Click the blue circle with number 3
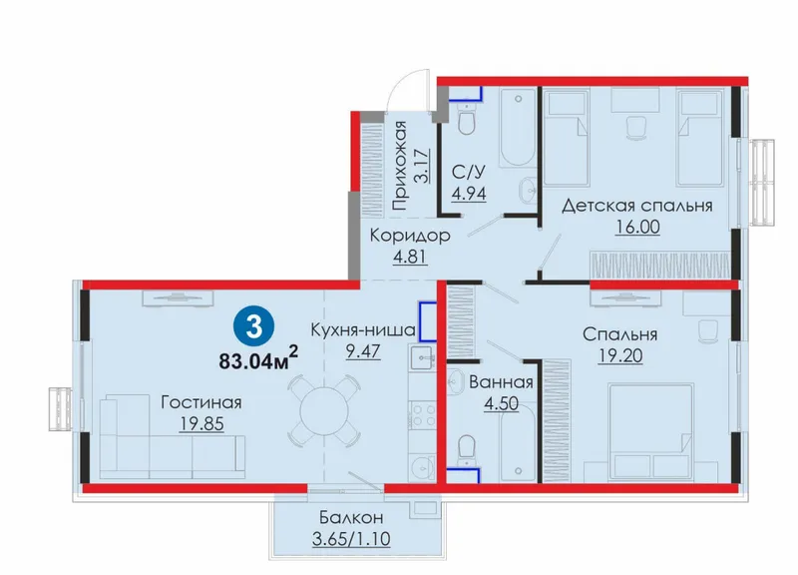pos(254,327)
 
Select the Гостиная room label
pos(201,402)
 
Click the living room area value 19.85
pos(201,423)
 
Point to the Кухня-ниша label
pos(363,329)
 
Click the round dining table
pos(323,410)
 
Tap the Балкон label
pos(351,517)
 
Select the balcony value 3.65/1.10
pos(351,538)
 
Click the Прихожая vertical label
pos(400,166)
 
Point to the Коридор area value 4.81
pos(410,256)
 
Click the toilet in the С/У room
pos(466,119)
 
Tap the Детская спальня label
pos(637,206)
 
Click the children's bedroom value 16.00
pos(637,227)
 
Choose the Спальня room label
pos(619,334)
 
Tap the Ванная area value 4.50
pos(502,403)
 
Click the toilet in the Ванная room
pos(467,449)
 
